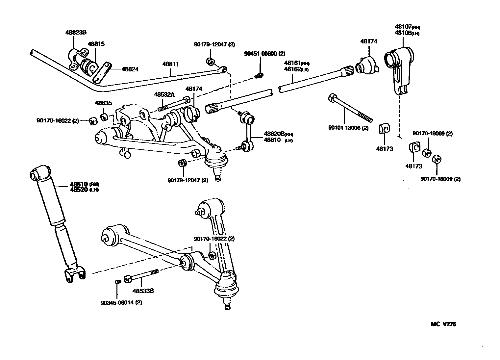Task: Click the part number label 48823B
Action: click(76, 33)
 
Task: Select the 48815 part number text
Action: click(96, 44)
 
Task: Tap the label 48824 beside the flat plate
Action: click(130, 69)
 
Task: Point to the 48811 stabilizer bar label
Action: click(170, 64)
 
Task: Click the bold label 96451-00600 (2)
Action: click(264, 54)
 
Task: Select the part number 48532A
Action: click(164, 94)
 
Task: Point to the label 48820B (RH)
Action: click(278, 134)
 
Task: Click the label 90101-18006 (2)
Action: click(348, 128)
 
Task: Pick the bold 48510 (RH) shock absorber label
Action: click(84, 184)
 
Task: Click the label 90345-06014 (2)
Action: click(122, 302)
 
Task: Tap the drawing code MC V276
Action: click(443, 324)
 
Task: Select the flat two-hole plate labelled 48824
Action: click(102, 73)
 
